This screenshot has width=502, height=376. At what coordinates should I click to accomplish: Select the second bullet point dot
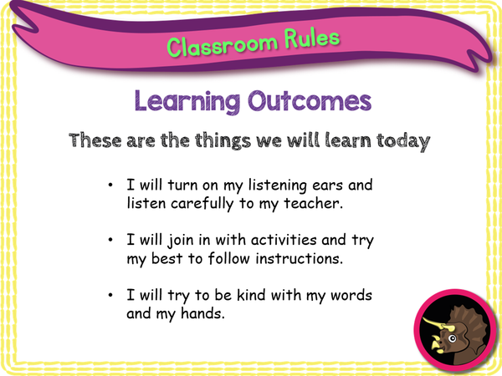click(112, 241)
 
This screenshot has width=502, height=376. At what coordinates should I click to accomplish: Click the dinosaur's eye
click(454, 341)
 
